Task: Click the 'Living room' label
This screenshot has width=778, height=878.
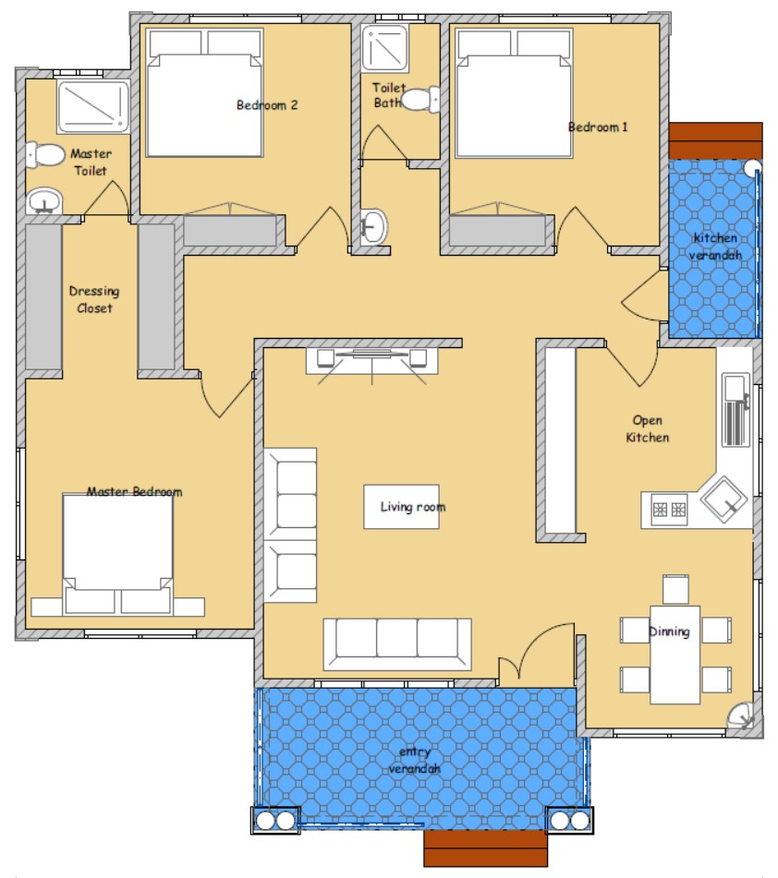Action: (x=413, y=507)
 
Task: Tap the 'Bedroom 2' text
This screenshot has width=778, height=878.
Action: (x=267, y=104)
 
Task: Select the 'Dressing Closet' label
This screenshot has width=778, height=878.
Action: (x=94, y=299)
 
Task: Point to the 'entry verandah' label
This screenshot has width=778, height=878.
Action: (x=415, y=760)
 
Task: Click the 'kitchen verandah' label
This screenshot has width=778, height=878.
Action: (x=715, y=247)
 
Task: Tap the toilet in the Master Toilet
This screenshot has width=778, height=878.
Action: (x=45, y=154)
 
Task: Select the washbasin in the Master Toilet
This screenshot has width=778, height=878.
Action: (x=44, y=201)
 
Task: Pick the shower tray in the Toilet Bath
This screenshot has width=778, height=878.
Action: (x=384, y=48)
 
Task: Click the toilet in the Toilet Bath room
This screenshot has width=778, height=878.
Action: (x=421, y=100)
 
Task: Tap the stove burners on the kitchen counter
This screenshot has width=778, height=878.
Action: (x=669, y=509)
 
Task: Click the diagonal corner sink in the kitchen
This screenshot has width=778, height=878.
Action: (x=724, y=499)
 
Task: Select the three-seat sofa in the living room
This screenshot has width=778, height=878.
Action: (x=397, y=643)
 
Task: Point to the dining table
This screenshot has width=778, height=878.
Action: (x=675, y=655)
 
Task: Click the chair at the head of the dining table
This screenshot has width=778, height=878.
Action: (x=675, y=588)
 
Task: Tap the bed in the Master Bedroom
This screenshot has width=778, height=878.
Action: (x=117, y=554)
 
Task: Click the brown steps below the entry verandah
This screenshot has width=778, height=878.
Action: (x=485, y=848)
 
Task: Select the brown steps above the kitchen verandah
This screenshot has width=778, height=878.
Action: (x=716, y=140)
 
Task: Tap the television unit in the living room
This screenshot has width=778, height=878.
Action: (x=372, y=360)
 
